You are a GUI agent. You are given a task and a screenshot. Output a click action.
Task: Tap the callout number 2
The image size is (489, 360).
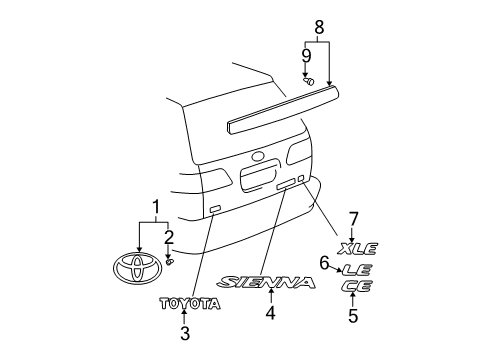tap(168, 236)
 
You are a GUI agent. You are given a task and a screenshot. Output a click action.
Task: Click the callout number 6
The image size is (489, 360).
tap(324, 263)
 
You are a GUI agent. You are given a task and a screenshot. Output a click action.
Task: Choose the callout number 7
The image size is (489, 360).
tap(353, 218)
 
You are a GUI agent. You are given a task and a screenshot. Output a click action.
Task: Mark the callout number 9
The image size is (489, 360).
tap(306, 55)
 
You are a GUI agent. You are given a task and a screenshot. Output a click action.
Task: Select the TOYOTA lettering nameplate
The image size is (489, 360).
tap(186, 303)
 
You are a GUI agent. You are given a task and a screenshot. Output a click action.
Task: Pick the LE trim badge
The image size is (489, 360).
tap(357, 268)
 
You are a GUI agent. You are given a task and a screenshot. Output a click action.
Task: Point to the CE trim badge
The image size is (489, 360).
tap(355, 286)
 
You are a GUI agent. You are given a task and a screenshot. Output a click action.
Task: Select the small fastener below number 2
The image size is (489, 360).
tap(170, 261)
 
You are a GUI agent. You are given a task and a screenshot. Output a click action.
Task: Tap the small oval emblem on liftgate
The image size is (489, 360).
tap(258, 156)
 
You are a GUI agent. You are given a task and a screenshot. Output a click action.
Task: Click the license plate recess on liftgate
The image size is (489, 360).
tap(269, 177)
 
